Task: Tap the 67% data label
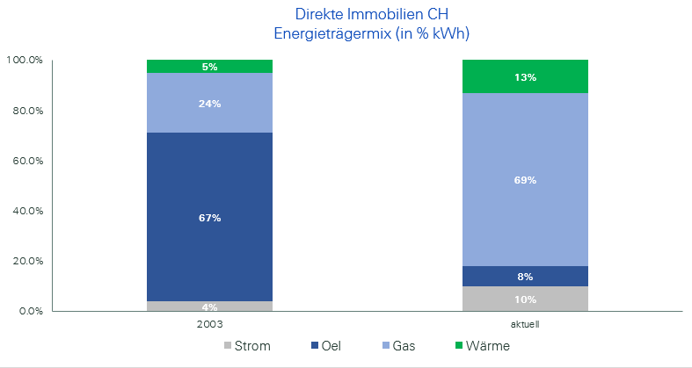[209, 217]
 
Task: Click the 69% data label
[526, 180]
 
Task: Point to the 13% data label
[526, 77]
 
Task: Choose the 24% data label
[209, 103]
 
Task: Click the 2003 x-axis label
[209, 323]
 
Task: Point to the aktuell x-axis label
[526, 323]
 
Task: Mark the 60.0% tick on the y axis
[25, 161]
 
